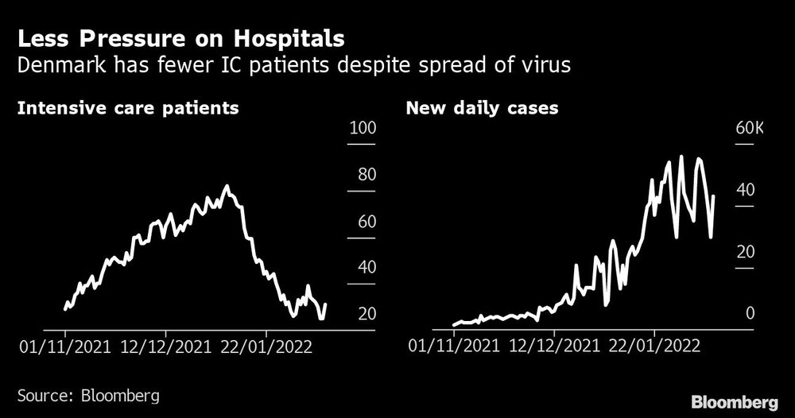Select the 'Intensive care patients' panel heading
(128, 107)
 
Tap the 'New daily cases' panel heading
(482, 107)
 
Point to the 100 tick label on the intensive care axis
(363, 128)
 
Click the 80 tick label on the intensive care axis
(366, 175)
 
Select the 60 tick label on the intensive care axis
(366, 222)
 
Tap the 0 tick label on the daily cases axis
(749, 314)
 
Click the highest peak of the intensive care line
(227, 187)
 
